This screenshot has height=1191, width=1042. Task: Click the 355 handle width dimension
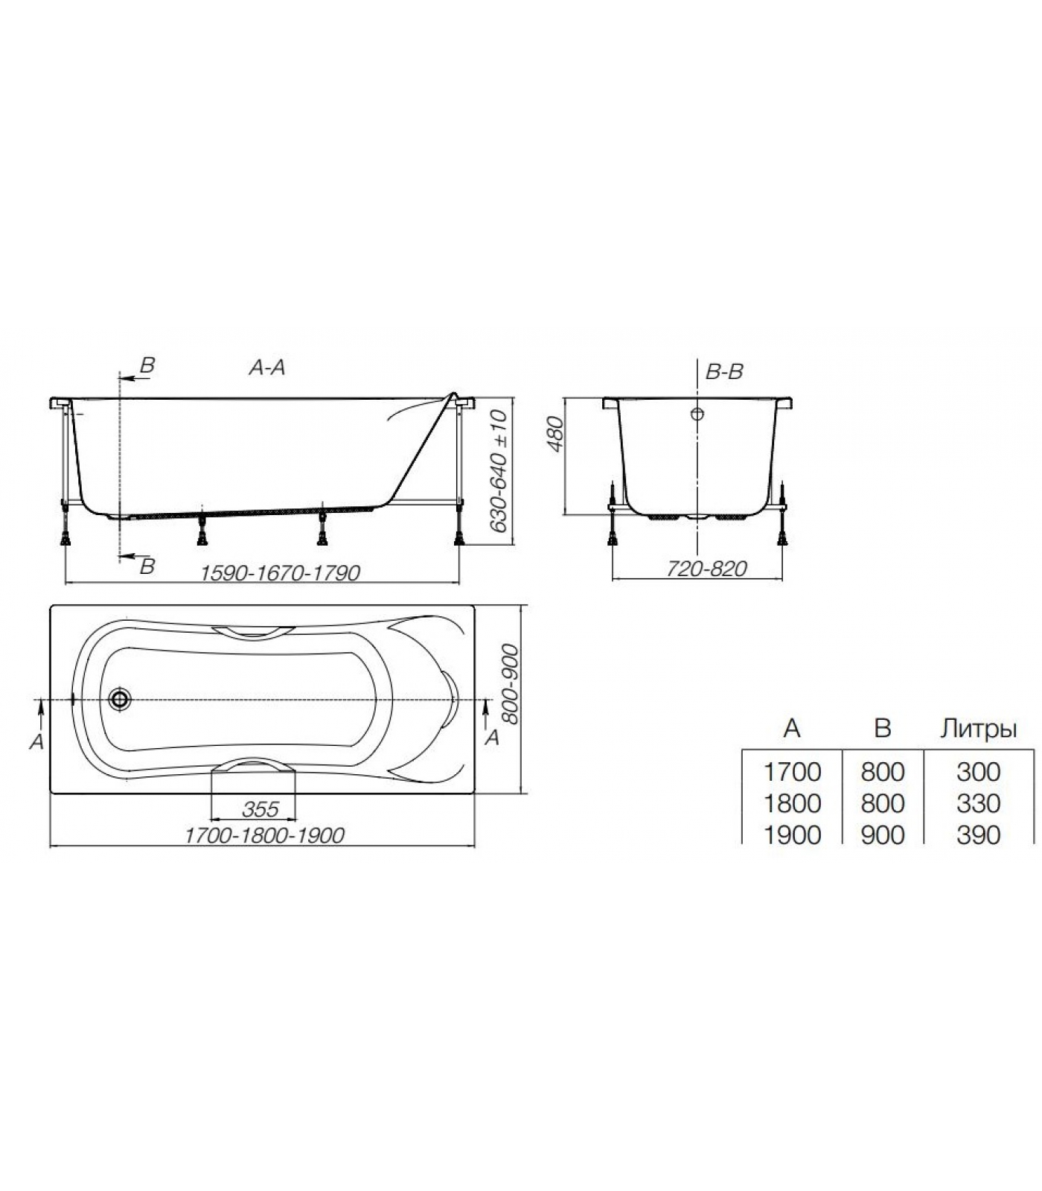coord(260,808)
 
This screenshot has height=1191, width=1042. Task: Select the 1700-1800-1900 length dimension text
coord(264,836)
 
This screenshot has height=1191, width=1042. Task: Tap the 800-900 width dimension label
coord(510,684)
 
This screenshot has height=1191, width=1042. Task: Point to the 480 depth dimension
coord(557,435)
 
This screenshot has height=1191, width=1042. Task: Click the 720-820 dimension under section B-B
coord(706,569)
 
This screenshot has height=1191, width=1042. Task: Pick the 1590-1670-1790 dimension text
coord(281,572)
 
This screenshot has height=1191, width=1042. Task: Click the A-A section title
coord(267,367)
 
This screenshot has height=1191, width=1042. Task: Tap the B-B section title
coord(724,371)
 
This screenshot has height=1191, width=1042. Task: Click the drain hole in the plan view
coord(119,699)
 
